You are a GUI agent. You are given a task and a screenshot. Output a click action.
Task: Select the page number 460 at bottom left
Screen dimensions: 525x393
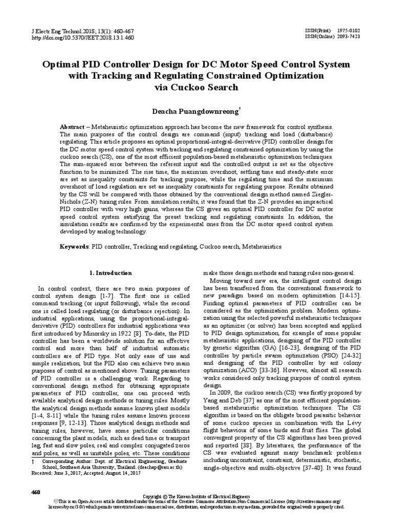[36, 492]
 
